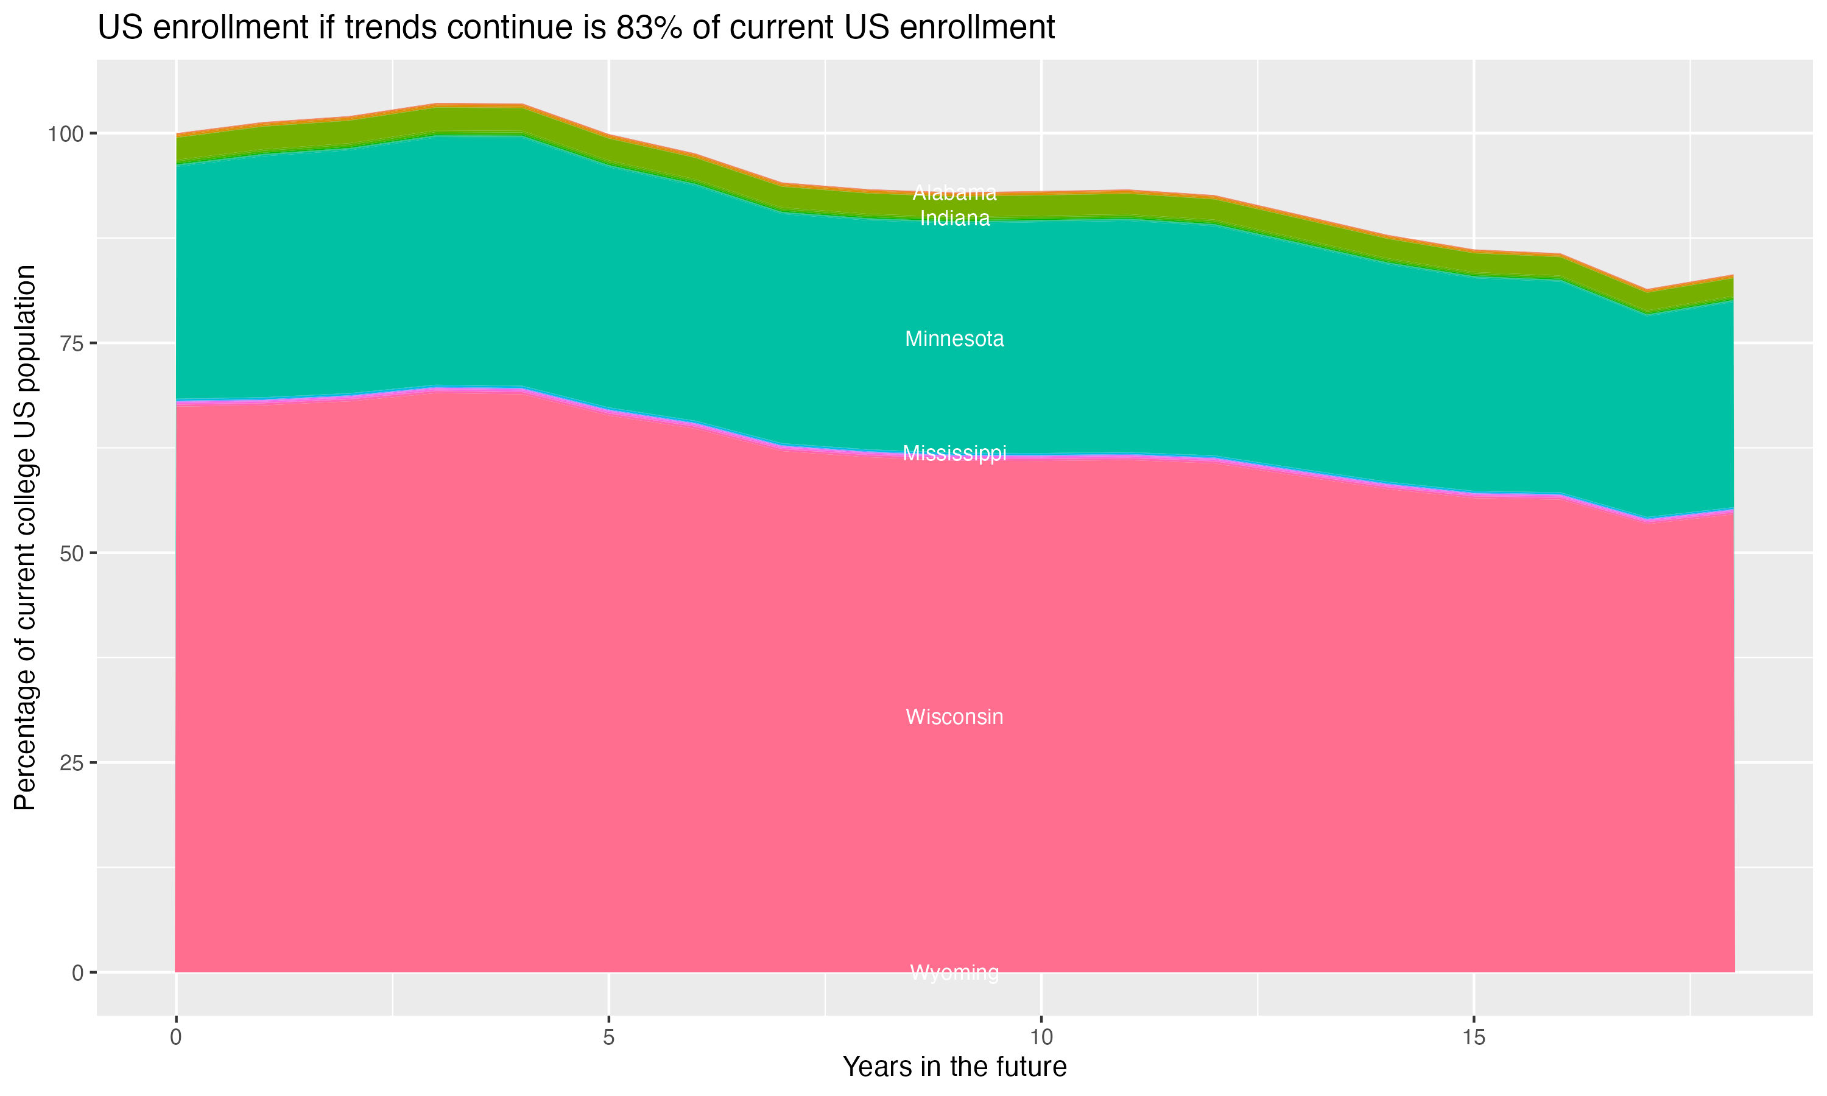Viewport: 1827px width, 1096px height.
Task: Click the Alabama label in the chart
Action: pyautogui.click(x=954, y=193)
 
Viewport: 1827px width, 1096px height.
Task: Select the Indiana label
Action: pyautogui.click(x=954, y=219)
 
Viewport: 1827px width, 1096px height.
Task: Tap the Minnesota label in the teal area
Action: pyautogui.click(x=954, y=339)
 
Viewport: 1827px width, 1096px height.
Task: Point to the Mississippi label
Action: pyautogui.click(x=954, y=453)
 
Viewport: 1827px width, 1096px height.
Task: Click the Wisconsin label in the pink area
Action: pyautogui.click(x=954, y=717)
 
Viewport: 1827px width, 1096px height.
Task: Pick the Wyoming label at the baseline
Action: pyautogui.click(x=954, y=972)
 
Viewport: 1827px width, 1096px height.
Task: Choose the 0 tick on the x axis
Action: pyautogui.click(x=176, y=1038)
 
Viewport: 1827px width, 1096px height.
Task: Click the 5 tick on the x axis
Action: pyautogui.click(x=608, y=1038)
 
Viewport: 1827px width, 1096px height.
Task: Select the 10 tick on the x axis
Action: pyautogui.click(x=1041, y=1038)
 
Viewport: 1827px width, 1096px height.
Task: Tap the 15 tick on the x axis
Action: pyautogui.click(x=1473, y=1038)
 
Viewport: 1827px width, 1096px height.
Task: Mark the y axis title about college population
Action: pyautogui.click(x=25, y=538)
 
